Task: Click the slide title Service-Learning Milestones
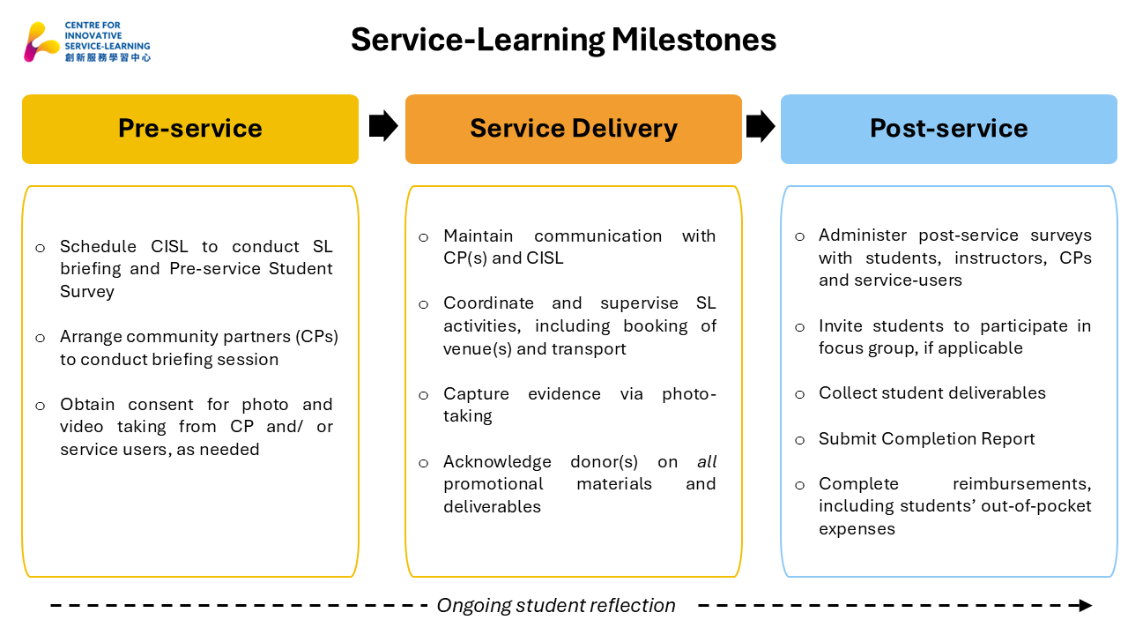(x=563, y=40)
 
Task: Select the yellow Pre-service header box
(x=190, y=129)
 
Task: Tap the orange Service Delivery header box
(x=573, y=129)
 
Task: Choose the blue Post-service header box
(x=948, y=129)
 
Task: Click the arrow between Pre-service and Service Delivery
(x=382, y=126)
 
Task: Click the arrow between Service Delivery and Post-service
(x=760, y=126)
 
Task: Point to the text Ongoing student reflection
(x=556, y=606)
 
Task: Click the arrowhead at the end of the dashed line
(x=1085, y=606)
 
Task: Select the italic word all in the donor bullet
(x=707, y=461)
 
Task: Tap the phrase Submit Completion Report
(x=926, y=438)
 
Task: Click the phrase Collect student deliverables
(x=931, y=393)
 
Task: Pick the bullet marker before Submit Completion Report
(x=800, y=439)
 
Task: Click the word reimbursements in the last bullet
(x=1021, y=483)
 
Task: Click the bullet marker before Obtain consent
(x=40, y=406)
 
